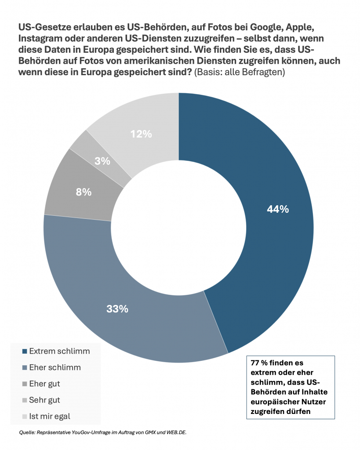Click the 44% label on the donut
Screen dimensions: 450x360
278,209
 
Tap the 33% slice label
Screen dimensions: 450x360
117,309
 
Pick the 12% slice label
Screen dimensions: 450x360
141,134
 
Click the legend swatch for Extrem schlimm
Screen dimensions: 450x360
25,352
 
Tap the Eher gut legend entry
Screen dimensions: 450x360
44,384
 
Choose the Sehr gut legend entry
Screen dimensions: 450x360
44,400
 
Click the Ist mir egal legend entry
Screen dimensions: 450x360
49,416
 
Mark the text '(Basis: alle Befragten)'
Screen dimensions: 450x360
240,73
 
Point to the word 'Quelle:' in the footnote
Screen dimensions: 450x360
27,433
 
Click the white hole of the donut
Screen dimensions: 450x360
178,228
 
